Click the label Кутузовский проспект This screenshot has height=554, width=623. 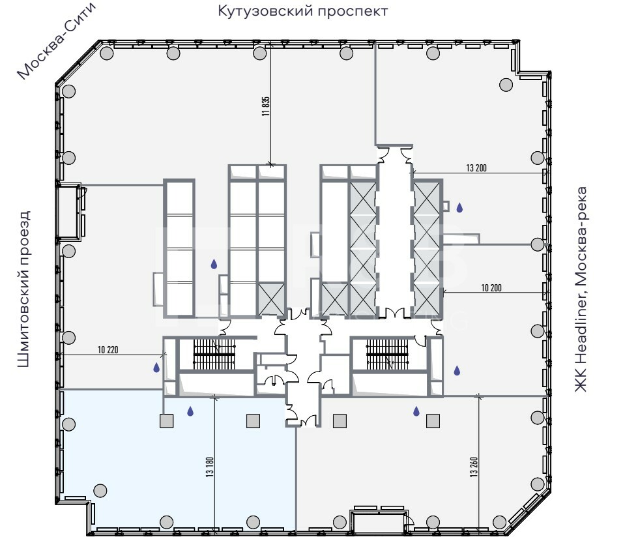tap(303, 11)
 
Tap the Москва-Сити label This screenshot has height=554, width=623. tap(57, 41)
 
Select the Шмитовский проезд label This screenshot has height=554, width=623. tap(24, 289)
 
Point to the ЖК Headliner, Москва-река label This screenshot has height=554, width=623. tap(581, 289)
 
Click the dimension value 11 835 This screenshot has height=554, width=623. tap(266, 106)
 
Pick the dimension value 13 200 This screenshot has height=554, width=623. tap(476, 168)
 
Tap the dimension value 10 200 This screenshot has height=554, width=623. tap(491, 287)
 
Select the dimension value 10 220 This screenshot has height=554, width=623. tap(108, 350)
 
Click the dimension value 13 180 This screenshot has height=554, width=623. tap(210, 467)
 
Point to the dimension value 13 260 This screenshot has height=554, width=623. tap(474, 467)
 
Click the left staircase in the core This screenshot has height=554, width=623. tap(214, 353)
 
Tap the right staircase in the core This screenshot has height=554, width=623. tap(387, 353)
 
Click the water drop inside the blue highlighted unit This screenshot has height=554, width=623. tap(190, 411)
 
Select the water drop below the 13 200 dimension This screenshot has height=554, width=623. tap(459, 207)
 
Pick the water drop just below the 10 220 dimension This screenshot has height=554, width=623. tap(156, 368)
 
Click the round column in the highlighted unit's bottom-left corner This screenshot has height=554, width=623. tap(100, 490)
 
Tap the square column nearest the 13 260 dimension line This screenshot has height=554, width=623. tap(433, 421)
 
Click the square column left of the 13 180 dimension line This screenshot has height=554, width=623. tap(166, 421)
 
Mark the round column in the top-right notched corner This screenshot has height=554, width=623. tap(506, 84)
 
